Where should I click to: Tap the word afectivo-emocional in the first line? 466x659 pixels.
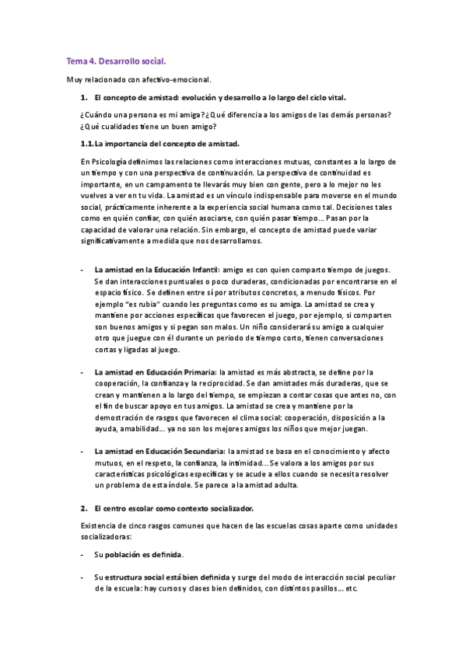pyautogui.click(x=178, y=79)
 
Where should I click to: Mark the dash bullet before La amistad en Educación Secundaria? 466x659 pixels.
pyautogui.click(x=82, y=452)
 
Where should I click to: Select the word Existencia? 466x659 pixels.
pyautogui.click(x=99, y=525)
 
